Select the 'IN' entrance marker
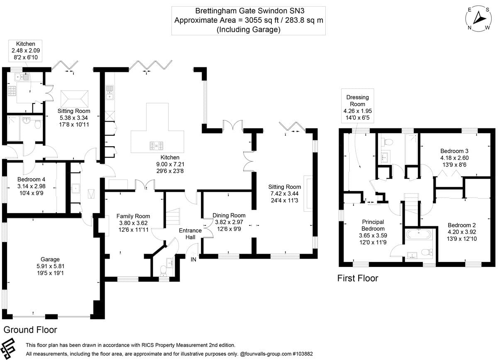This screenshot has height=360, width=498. click(193, 260)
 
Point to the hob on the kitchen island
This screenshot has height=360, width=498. click(158, 145)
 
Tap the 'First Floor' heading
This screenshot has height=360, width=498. click(358, 278)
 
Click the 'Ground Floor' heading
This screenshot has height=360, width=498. click(30, 330)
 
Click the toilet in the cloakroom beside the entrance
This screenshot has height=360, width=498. click(163, 270)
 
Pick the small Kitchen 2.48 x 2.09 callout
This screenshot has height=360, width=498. click(26, 50)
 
